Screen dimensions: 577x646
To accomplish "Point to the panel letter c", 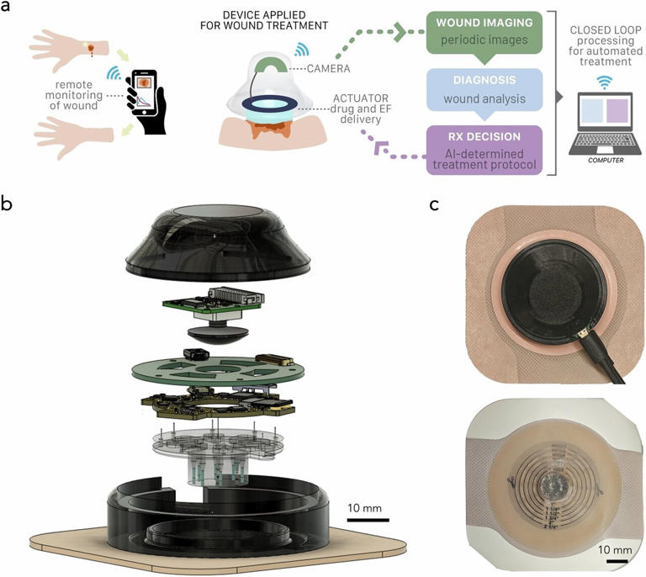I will pos(435,204).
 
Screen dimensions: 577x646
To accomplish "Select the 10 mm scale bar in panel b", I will pos(368,519).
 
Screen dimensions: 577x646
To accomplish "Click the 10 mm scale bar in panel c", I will pos(617,556).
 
